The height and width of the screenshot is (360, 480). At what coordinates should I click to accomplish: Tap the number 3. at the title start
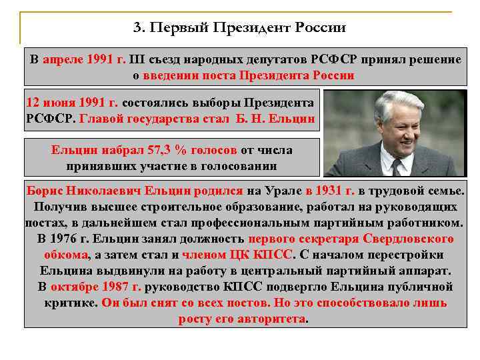pyautogui.click(x=139, y=27)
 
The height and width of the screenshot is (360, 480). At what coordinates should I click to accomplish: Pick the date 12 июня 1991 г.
pyautogui.click(x=72, y=103)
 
